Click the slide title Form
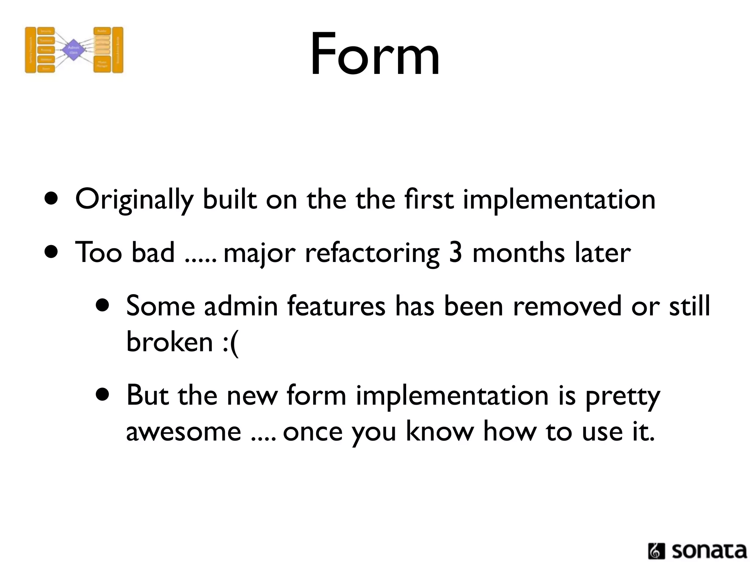(375, 55)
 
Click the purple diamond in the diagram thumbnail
(73, 50)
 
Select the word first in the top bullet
(429, 199)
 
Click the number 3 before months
(455, 252)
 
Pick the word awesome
(183, 432)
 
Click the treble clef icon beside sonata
(656, 551)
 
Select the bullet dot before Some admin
(103, 306)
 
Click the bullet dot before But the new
(103, 395)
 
